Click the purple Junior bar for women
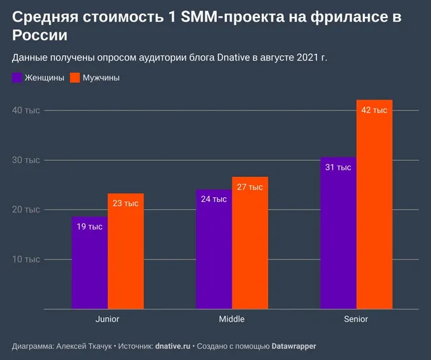(x=90, y=263)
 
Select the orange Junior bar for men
(x=126, y=251)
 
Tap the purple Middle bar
(x=214, y=250)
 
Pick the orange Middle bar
(x=250, y=243)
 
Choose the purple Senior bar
(x=338, y=233)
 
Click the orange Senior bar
(x=374, y=205)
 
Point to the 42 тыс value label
(x=374, y=110)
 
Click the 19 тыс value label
(x=90, y=227)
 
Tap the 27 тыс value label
(x=250, y=187)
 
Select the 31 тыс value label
(x=338, y=168)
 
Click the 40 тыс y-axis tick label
(x=26, y=110)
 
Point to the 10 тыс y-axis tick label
(x=26, y=259)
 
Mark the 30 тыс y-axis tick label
(x=26, y=160)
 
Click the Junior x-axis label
(x=107, y=319)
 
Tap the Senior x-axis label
(x=356, y=319)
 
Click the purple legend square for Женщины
(x=17, y=77)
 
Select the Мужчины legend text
(x=101, y=78)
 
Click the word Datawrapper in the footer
(x=294, y=346)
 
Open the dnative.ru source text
(x=172, y=346)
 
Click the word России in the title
(x=40, y=35)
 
